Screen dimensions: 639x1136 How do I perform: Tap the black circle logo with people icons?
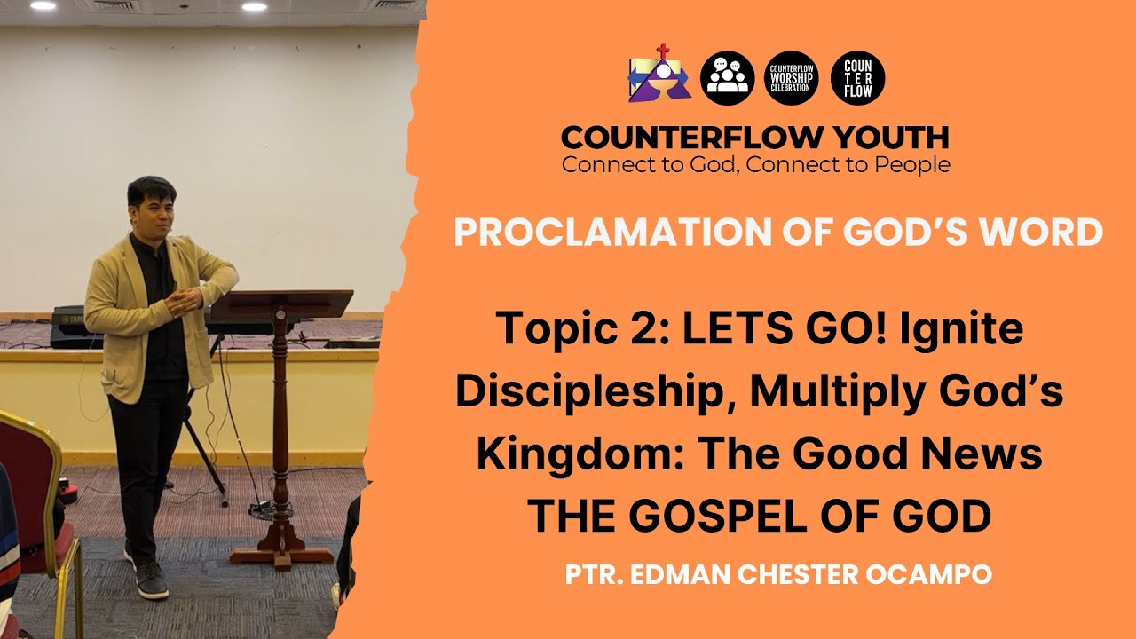[727, 78]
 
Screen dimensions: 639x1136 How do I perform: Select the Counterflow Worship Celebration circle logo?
[791, 78]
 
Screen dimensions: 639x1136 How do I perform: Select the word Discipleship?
[596, 391]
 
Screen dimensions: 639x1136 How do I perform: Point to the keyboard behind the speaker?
[71, 324]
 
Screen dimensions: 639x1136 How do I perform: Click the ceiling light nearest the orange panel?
[254, 6]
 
